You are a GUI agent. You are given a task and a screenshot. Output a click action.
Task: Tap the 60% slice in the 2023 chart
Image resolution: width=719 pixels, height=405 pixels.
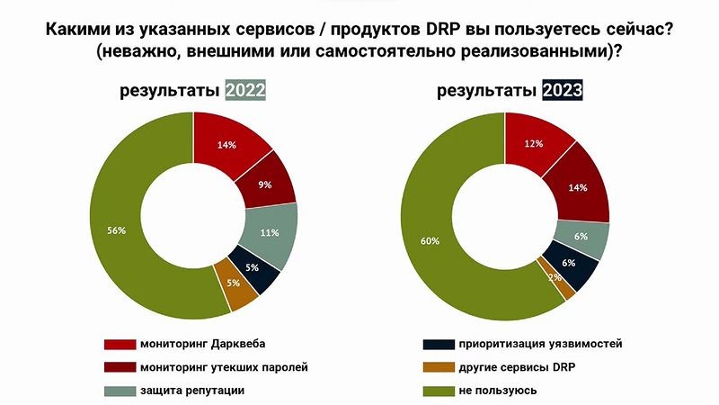[431, 241]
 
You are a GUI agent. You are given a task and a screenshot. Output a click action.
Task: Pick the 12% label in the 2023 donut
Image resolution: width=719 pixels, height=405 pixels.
[537, 144]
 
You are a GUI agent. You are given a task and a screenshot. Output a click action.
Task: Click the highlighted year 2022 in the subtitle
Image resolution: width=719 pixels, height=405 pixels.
[245, 91]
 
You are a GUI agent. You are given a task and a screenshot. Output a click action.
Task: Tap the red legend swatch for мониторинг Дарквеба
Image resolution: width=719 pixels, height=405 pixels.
[119, 344]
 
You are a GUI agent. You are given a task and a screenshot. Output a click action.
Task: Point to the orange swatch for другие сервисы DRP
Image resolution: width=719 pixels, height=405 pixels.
[437, 366]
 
